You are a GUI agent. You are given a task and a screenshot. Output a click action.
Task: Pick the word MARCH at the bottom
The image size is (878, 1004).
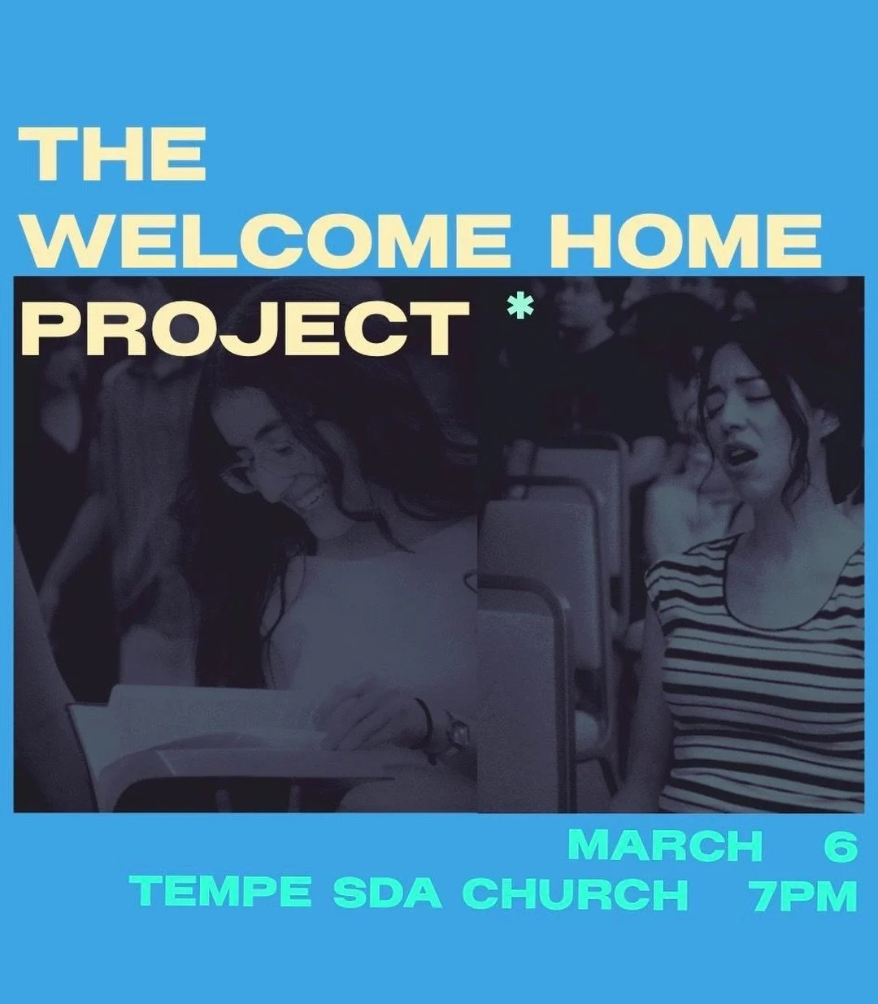pyautogui.click(x=664, y=845)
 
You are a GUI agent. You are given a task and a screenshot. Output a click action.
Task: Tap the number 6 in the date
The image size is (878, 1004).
pyautogui.click(x=841, y=845)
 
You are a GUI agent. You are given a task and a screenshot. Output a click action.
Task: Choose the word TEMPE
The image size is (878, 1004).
pyautogui.click(x=224, y=893)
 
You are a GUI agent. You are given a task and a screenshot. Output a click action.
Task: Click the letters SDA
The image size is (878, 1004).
pyautogui.click(x=387, y=893)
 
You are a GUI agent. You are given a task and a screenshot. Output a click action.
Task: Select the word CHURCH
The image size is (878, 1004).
pyautogui.click(x=575, y=893)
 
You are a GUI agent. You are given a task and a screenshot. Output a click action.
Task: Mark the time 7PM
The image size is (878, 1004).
pyautogui.click(x=803, y=893)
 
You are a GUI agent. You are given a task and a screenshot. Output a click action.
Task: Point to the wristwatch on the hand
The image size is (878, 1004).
pyautogui.click(x=455, y=734)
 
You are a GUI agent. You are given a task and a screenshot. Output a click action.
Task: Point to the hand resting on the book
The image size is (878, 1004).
pyautogui.click(x=374, y=715)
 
